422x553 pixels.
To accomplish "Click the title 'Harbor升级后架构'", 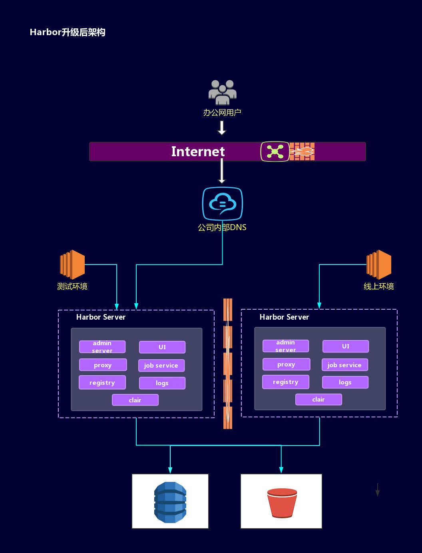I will pyautogui.click(x=68, y=32).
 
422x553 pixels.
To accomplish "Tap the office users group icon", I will pyautogui.click(x=222, y=92).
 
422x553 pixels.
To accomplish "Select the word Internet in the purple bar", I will pyautogui.click(x=198, y=151).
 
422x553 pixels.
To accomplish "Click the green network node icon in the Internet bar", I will pyautogui.click(x=275, y=151).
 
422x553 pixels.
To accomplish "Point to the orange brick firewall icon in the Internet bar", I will pyautogui.click(x=302, y=151).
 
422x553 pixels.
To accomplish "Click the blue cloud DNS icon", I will pyautogui.click(x=222, y=204).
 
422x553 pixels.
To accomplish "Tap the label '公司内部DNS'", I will pyautogui.click(x=222, y=227).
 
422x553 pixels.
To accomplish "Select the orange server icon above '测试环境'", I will pyautogui.click(x=72, y=264).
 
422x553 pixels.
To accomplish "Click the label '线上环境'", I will pyautogui.click(x=378, y=286).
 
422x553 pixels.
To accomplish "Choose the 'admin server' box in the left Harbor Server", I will pyautogui.click(x=102, y=347).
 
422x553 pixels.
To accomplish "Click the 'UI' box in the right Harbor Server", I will pyautogui.click(x=345, y=346).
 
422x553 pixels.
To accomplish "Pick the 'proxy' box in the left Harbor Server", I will pyautogui.click(x=103, y=365).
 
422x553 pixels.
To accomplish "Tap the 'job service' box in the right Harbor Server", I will pyautogui.click(x=344, y=365).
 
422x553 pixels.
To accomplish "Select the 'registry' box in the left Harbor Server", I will pyautogui.click(x=102, y=383).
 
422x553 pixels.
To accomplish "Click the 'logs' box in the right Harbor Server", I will pyautogui.click(x=345, y=382).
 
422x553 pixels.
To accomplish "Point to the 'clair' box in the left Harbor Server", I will pyautogui.click(x=135, y=400).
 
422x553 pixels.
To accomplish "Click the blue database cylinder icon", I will pyautogui.click(x=170, y=502).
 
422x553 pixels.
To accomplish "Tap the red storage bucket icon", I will pyautogui.click(x=282, y=503).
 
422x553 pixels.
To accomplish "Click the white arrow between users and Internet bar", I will pyautogui.click(x=222, y=128).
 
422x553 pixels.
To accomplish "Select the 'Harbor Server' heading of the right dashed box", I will pyautogui.click(x=284, y=317).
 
